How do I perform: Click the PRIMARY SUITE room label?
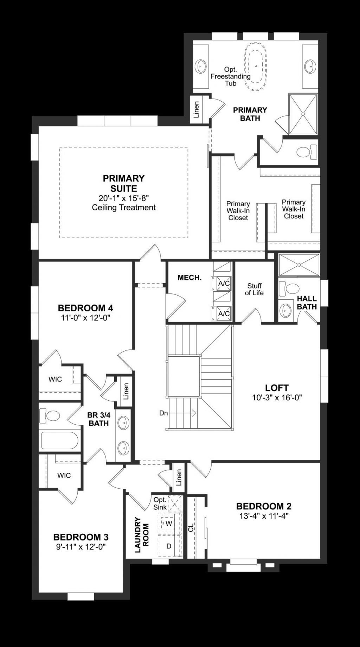coord(123,183)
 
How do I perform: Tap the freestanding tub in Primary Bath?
coord(255,66)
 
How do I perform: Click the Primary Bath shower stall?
coord(303,114)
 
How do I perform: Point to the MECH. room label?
coord(189,278)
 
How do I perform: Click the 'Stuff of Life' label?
coord(254,289)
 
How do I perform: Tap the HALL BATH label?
coord(307,303)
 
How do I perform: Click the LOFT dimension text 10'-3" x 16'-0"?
coord(277,398)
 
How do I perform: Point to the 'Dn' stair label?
coord(163,413)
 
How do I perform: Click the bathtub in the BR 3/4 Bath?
coord(58,440)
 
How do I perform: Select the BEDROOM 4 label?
coord(85,308)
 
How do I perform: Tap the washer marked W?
coord(169,524)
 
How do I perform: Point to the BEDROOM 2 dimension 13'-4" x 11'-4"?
coord(264,516)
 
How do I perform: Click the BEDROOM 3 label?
coord(81,537)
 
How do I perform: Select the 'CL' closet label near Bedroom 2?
coord(191,528)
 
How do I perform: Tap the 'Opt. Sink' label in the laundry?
coord(160,503)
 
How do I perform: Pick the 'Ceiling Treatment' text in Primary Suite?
coord(124,208)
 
